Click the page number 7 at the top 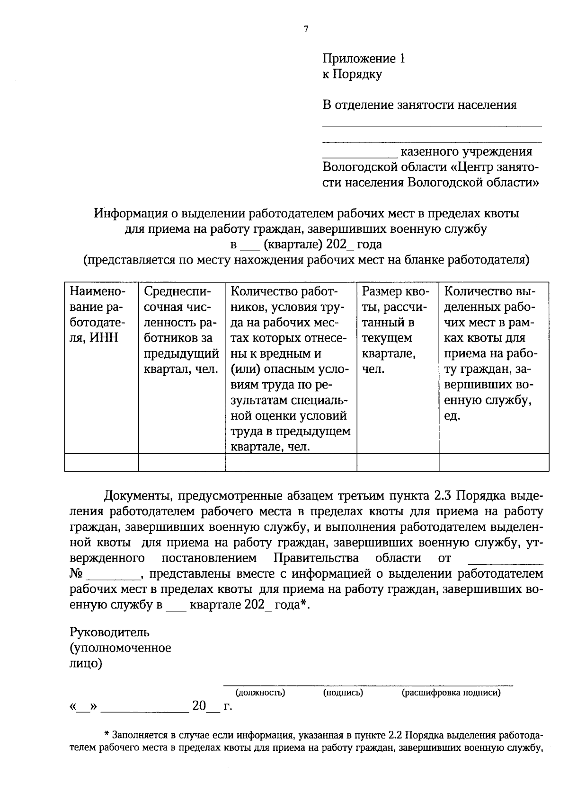tap(306, 29)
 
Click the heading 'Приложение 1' tap(364, 59)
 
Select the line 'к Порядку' tap(352, 74)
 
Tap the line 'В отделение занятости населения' tap(419, 105)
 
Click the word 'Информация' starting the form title tap(126, 213)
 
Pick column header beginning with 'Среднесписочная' tap(181, 330)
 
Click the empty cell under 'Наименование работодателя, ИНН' tap(101, 462)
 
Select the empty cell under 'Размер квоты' tap(398, 462)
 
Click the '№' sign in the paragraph tap(77, 574)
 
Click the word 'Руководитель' tap(110, 632)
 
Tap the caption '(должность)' tap(260, 693)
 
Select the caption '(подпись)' tap(343, 693)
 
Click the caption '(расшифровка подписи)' tap(451, 693)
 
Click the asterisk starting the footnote tap(107, 736)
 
